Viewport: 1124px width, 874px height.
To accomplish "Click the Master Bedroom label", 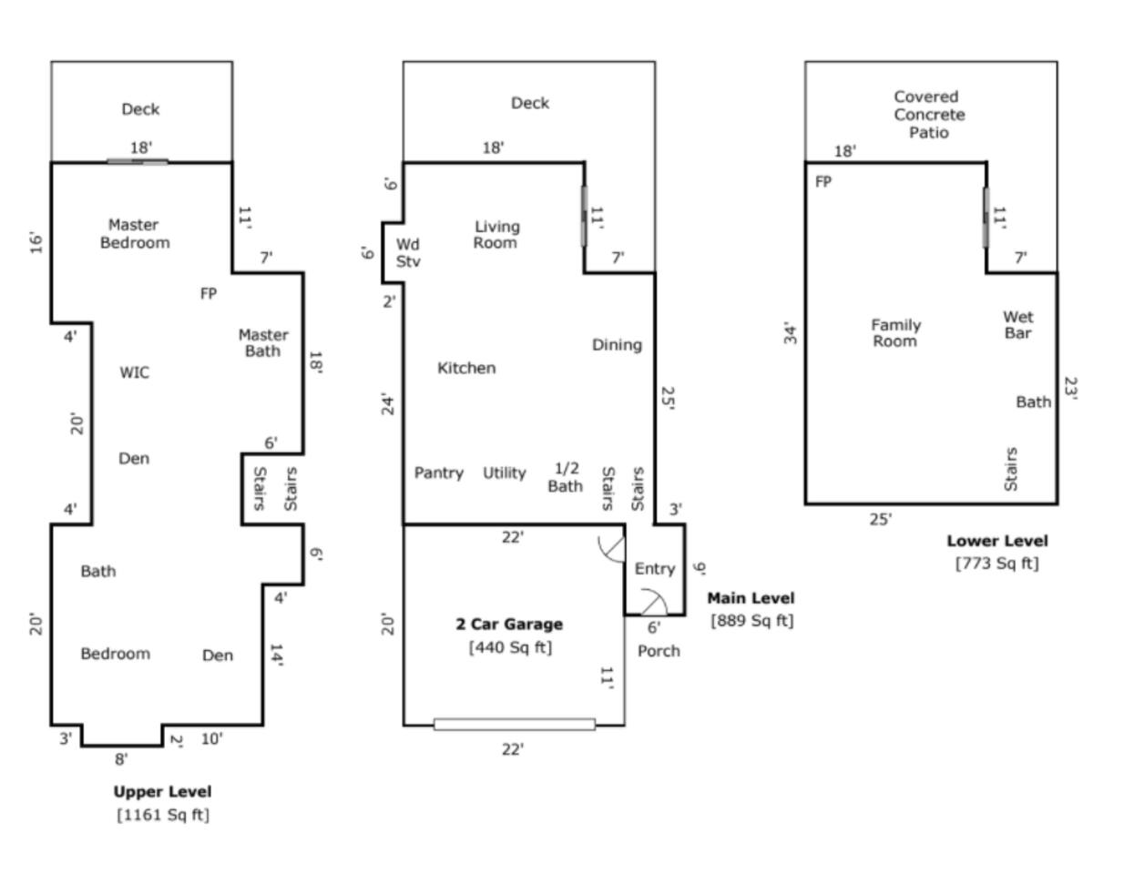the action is [x=135, y=234].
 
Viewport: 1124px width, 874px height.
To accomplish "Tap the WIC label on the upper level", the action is [x=135, y=372].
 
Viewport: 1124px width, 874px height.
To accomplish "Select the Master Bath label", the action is [x=263, y=342].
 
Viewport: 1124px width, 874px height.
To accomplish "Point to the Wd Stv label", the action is [x=408, y=253].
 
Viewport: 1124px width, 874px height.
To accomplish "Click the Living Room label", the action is [x=496, y=234].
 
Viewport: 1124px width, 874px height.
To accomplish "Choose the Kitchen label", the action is [x=466, y=368].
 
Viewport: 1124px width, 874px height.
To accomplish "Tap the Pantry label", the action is [x=439, y=473].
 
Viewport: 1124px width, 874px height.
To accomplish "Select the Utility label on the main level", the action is [x=505, y=473].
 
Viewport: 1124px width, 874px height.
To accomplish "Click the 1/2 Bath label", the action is [x=566, y=477].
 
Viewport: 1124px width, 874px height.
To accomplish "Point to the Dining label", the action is [x=617, y=345].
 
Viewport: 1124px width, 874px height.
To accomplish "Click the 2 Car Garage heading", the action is [x=509, y=624].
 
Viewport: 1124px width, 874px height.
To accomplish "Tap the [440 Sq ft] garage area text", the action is [x=510, y=647].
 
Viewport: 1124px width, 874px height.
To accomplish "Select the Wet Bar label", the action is [x=1018, y=325].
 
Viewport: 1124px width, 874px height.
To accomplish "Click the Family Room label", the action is [x=896, y=333].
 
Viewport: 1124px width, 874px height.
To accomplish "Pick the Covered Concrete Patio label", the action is [x=929, y=114].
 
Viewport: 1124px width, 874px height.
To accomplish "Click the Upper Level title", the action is [x=162, y=791].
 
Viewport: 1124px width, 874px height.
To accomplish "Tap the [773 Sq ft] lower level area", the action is [x=996, y=563].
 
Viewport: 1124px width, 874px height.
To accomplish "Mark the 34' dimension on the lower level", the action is [x=791, y=333].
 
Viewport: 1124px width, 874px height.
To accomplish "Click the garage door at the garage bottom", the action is [x=515, y=724].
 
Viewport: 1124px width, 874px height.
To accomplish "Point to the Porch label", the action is [x=659, y=651].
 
